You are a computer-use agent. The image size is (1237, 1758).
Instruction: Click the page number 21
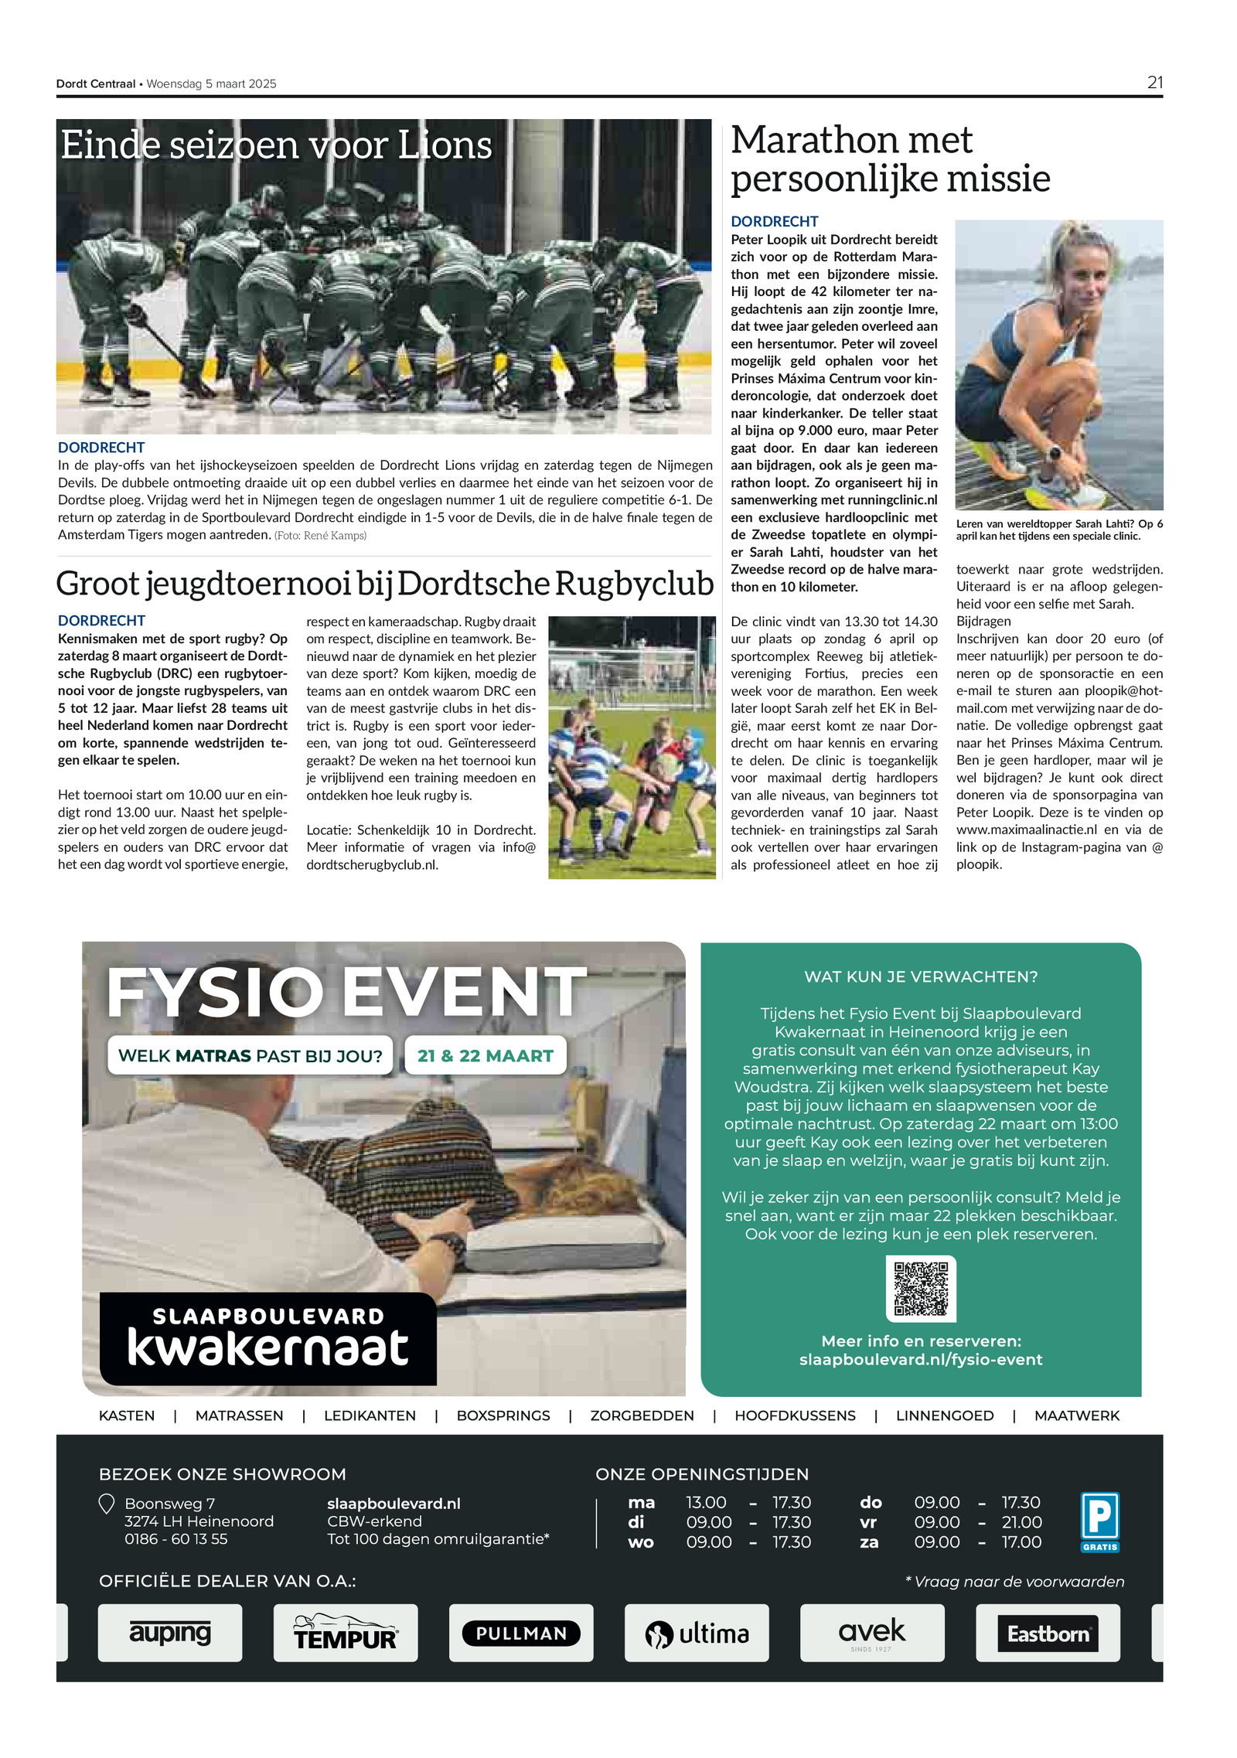pyautogui.click(x=1154, y=83)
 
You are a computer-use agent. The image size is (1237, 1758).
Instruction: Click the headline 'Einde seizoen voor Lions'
pyautogui.click(x=276, y=145)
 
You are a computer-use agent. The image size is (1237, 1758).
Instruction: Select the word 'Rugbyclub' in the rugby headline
pyautogui.click(x=634, y=584)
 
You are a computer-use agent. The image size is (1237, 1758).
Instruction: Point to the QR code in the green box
pyautogui.click(x=920, y=1288)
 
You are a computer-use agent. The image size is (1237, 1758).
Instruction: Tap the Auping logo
pyautogui.click(x=169, y=1632)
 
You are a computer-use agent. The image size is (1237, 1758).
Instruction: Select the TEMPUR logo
pyautogui.click(x=345, y=1632)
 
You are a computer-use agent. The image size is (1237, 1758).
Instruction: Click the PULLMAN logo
pyautogui.click(x=521, y=1633)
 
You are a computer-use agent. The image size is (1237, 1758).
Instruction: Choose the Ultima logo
pyautogui.click(x=697, y=1633)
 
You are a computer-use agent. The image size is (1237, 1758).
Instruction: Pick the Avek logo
pyautogui.click(x=872, y=1632)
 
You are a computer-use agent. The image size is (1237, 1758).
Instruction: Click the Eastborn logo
pyautogui.click(x=1048, y=1633)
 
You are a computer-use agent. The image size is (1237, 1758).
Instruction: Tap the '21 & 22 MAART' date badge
pyautogui.click(x=485, y=1055)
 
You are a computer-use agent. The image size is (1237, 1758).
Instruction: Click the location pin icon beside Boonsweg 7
pyautogui.click(x=107, y=1504)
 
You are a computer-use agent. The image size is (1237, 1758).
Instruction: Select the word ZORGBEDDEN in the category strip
pyautogui.click(x=642, y=1416)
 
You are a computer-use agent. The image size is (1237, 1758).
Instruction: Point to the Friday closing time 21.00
pyautogui.click(x=1021, y=1521)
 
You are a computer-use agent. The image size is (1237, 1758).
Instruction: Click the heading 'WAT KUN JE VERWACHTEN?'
pyautogui.click(x=921, y=976)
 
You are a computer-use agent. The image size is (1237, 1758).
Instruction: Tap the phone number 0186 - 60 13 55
pyautogui.click(x=176, y=1538)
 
